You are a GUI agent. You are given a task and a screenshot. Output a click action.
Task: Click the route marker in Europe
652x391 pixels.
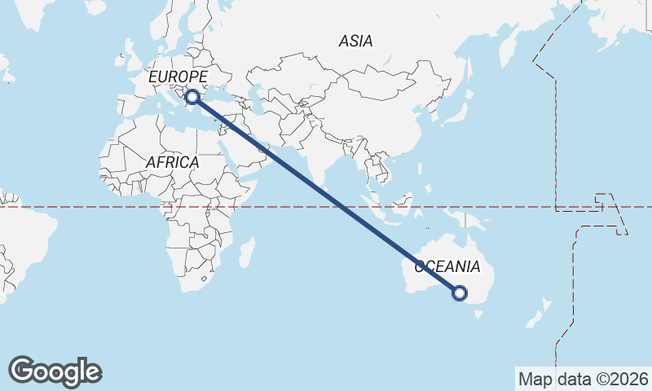pyautogui.click(x=192, y=98)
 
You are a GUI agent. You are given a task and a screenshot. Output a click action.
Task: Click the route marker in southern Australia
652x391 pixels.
pyautogui.click(x=460, y=293)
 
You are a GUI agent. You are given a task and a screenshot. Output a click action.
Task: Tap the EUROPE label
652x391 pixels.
pyautogui.click(x=178, y=77)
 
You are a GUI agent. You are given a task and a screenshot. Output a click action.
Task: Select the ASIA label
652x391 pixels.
pyautogui.click(x=355, y=41)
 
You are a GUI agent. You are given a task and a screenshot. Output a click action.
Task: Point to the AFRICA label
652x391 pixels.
pyautogui.click(x=172, y=163)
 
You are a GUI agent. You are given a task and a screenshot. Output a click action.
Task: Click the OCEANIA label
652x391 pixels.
pyautogui.click(x=447, y=267)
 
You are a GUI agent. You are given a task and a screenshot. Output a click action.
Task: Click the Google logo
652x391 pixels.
pyautogui.click(x=55, y=371)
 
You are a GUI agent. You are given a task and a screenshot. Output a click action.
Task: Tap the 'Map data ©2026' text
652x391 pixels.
pyautogui.click(x=583, y=379)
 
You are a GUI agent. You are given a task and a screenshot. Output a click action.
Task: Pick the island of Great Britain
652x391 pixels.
pyautogui.click(x=130, y=61)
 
